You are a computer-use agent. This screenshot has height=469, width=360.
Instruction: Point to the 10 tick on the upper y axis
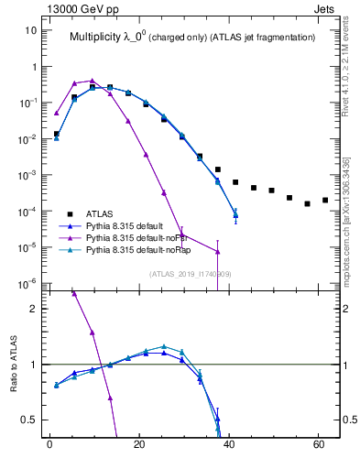pos(30,30)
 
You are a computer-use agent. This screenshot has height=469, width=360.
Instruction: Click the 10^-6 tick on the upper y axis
pos(27,283)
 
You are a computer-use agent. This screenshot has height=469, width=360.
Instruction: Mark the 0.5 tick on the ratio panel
pos(29,420)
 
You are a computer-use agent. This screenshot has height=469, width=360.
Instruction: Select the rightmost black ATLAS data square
pos(325,200)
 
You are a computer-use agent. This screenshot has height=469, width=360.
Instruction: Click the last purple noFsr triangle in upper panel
pos(217,252)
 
